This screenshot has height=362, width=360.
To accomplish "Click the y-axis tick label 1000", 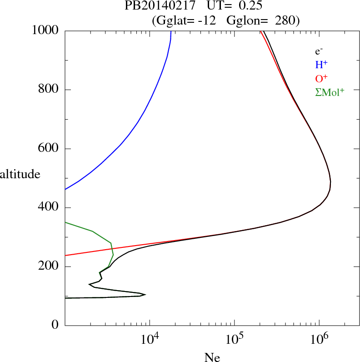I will point(46,30).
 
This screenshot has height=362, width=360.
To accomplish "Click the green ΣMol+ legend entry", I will point(330,92).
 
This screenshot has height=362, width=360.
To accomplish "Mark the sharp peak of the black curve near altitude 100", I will point(145,295).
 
